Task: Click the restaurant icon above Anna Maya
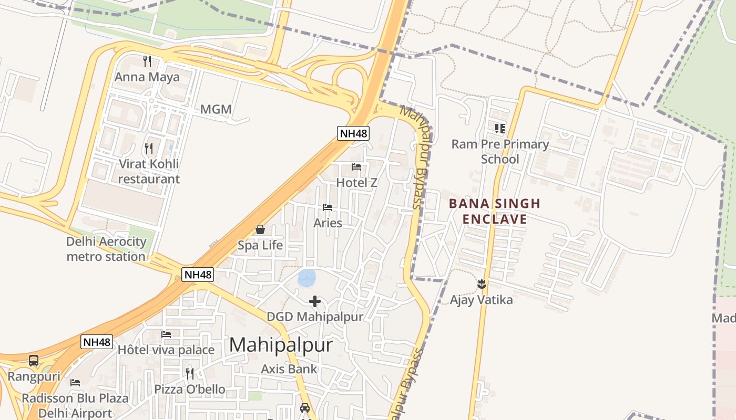pyautogui.click(x=147, y=61)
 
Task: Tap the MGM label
pyautogui.click(x=216, y=109)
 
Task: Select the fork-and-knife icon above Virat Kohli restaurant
pyautogui.click(x=149, y=149)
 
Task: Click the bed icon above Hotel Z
pyautogui.click(x=356, y=167)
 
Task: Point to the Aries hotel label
pyautogui.click(x=328, y=223)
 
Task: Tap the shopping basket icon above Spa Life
pyautogui.click(x=260, y=229)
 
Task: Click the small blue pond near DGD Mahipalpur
pyautogui.click(x=306, y=278)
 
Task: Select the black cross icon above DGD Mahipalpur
pyautogui.click(x=315, y=301)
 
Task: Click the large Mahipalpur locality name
pyautogui.click(x=281, y=345)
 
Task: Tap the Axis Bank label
pyautogui.click(x=289, y=369)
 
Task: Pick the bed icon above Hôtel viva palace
pyautogui.click(x=166, y=334)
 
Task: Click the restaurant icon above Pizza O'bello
pyautogui.click(x=189, y=374)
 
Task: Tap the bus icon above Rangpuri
pyautogui.click(x=34, y=361)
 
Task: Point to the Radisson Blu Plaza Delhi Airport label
pyautogui.click(x=75, y=405)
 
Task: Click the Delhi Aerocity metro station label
pyautogui.click(x=106, y=249)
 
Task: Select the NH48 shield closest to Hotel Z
pyautogui.click(x=353, y=133)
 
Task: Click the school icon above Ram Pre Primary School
pyautogui.click(x=499, y=128)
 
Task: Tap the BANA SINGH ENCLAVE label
pyautogui.click(x=495, y=211)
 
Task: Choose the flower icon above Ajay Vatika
pyautogui.click(x=482, y=285)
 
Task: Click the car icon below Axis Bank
pyautogui.click(x=304, y=407)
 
